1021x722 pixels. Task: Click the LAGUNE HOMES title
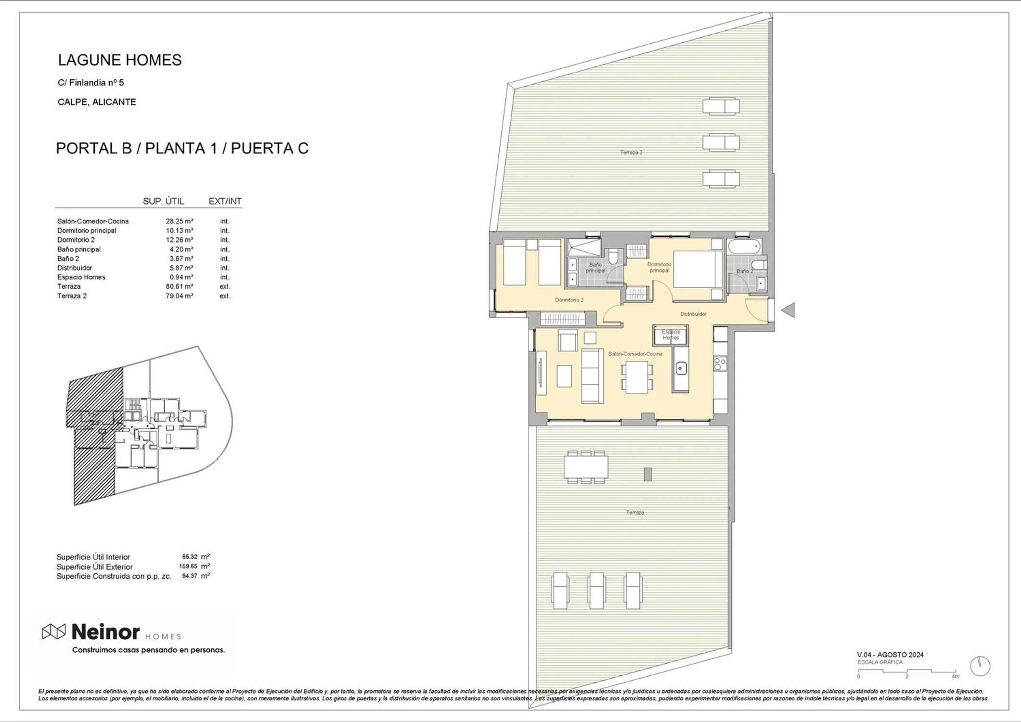coord(120,60)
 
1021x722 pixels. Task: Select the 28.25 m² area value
coord(180,221)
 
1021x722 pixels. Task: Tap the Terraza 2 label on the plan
coord(631,153)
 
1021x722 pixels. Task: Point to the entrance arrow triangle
coord(788,310)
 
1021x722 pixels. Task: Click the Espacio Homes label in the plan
coord(671,335)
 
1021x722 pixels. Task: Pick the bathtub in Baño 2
coord(744,247)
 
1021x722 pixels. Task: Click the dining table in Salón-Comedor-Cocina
coord(636,377)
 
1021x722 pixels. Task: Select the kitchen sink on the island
coord(681,369)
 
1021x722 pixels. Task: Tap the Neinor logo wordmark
coord(105,632)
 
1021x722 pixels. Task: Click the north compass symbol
coord(980,666)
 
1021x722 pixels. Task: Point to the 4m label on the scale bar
coord(955,676)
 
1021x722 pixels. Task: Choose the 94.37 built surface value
coord(190,576)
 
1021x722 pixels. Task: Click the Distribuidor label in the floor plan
coord(693,314)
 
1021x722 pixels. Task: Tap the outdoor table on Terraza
coord(586,467)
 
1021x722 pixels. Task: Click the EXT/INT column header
coord(225,201)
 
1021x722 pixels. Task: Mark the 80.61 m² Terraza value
coord(180,286)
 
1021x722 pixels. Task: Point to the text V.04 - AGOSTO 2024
coord(890,655)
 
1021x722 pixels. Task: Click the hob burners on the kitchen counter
coord(720,363)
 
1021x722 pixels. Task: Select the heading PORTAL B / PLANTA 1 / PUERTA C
coord(182,148)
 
